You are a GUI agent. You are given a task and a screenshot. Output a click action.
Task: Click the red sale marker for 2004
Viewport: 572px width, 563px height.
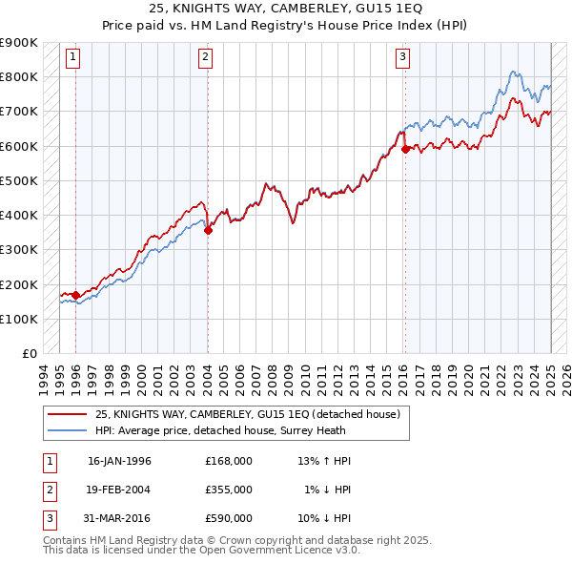click(x=208, y=230)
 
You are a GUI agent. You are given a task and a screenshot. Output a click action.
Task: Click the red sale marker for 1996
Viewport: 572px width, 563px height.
click(x=75, y=295)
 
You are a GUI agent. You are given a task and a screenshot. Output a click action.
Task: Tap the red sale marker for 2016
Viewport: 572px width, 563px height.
click(x=405, y=149)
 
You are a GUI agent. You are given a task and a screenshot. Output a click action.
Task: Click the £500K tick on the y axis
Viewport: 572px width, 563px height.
click(x=18, y=180)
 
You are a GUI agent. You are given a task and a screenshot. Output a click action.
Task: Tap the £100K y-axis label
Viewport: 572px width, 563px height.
click(x=18, y=319)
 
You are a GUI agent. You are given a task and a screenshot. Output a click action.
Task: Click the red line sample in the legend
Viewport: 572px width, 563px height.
click(x=68, y=414)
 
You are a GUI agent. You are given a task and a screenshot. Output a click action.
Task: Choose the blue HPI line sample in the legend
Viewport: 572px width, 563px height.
click(x=68, y=429)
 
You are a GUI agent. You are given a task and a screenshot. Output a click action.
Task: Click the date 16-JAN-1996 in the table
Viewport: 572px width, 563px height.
click(x=119, y=461)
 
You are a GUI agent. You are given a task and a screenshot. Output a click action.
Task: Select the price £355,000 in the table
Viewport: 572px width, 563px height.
click(x=228, y=490)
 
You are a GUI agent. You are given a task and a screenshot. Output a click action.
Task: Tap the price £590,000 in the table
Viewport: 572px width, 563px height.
click(x=228, y=518)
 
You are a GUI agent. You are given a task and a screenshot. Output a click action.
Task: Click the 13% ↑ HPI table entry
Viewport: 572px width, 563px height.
click(x=324, y=461)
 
